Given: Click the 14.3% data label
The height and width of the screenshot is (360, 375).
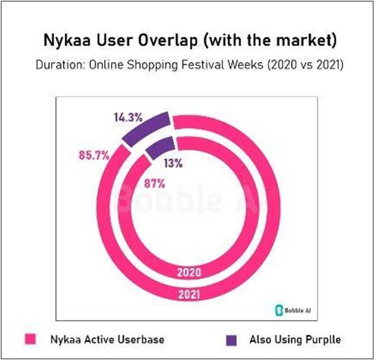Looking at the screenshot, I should click(x=128, y=117).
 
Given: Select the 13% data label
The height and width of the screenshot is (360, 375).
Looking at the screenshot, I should click(x=174, y=162).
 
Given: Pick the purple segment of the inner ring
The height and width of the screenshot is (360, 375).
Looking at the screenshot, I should click(x=160, y=146).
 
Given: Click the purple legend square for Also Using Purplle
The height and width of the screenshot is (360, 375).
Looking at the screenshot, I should click(x=232, y=339).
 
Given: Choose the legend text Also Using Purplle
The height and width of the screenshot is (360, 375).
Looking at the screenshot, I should click(x=288, y=339).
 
